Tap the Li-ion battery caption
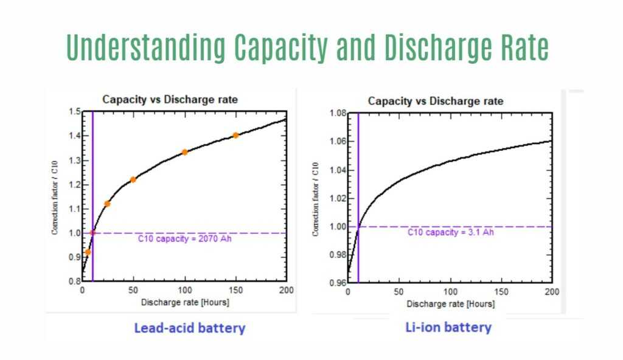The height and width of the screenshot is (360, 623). click(448, 327)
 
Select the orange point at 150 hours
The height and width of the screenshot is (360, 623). click(235, 135)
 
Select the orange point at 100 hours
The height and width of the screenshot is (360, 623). click(184, 152)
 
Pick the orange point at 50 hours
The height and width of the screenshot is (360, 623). click(133, 179)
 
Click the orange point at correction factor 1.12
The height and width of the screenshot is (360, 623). click(108, 204)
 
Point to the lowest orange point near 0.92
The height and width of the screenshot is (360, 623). click(88, 252)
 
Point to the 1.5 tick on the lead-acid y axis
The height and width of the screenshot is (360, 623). click(74, 112)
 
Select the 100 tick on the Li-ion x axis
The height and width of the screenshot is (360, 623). click(450, 292)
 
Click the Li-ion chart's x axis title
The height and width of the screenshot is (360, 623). click(450, 303)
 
